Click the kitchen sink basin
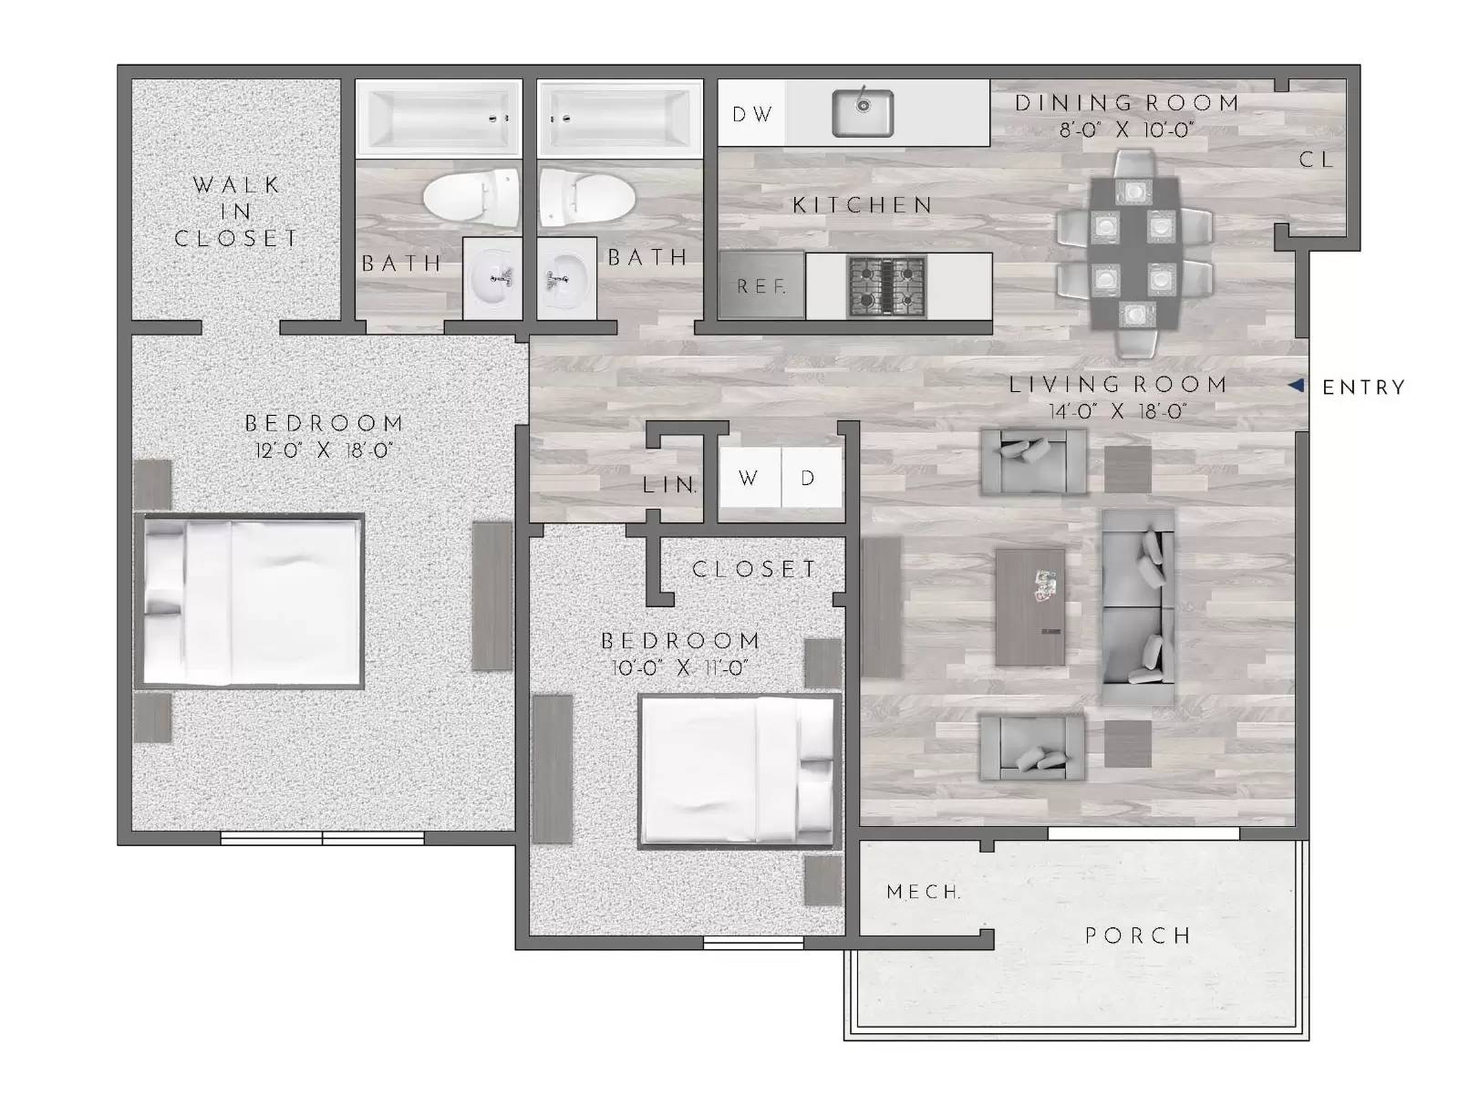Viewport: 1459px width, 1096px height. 862,113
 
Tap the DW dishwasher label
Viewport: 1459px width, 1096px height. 752,114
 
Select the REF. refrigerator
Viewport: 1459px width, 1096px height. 761,286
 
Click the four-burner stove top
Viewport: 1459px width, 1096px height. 886,286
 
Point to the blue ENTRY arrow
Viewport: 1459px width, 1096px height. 1296,386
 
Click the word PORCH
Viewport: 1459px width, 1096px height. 1137,936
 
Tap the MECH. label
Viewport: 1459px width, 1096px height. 924,892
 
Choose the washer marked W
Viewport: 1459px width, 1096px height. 749,478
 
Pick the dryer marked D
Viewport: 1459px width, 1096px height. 809,478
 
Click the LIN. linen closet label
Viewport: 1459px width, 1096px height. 670,485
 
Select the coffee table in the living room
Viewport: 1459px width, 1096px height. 1030,606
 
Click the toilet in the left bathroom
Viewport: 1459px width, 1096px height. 471,195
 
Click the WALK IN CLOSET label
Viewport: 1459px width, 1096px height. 236,212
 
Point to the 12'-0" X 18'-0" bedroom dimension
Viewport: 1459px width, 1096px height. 324,450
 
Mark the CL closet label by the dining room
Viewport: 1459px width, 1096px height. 1316,160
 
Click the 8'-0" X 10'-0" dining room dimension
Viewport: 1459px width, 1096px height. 1127,130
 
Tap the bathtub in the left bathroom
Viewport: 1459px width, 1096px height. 439,118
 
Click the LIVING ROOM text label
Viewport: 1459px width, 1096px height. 1118,385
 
